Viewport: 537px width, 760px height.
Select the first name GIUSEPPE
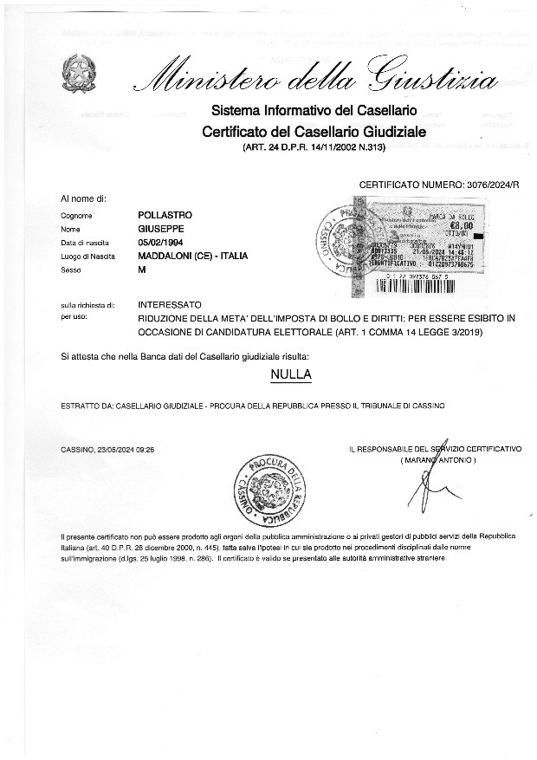click(x=161, y=228)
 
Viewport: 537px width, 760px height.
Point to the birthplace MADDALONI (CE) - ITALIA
click(x=192, y=257)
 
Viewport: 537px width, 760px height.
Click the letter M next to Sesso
click(x=142, y=270)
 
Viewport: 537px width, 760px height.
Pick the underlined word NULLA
click(x=291, y=374)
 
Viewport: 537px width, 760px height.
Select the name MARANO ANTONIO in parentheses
click(x=438, y=459)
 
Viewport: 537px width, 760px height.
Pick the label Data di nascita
click(x=83, y=243)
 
